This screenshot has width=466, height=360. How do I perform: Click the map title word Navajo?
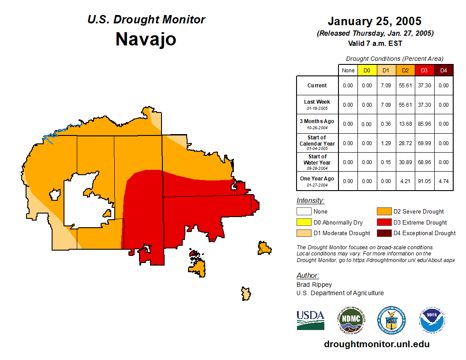click(x=146, y=39)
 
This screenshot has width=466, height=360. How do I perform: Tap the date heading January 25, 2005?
click(x=374, y=21)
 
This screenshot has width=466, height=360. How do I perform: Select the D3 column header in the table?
click(x=424, y=70)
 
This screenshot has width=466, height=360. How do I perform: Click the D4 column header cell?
click(x=443, y=70)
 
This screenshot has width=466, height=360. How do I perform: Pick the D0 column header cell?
click(x=367, y=70)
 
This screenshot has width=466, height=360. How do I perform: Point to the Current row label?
click(x=317, y=86)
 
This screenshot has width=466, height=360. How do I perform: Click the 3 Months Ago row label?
click(x=317, y=121)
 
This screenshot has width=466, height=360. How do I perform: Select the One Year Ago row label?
click(x=317, y=179)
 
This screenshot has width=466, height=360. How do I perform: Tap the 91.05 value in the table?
click(x=424, y=181)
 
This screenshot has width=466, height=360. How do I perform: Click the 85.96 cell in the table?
click(x=424, y=124)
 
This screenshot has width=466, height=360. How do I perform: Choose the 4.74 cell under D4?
click(x=443, y=181)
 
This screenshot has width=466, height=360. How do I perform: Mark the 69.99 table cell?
click(x=424, y=143)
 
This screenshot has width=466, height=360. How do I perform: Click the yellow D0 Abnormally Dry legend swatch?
click(x=303, y=222)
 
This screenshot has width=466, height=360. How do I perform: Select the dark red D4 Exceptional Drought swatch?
click(x=383, y=233)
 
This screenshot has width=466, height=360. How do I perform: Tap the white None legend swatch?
click(x=303, y=212)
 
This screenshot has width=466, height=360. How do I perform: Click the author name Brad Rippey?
click(x=314, y=285)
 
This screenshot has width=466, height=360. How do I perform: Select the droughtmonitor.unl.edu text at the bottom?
click(x=376, y=344)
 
